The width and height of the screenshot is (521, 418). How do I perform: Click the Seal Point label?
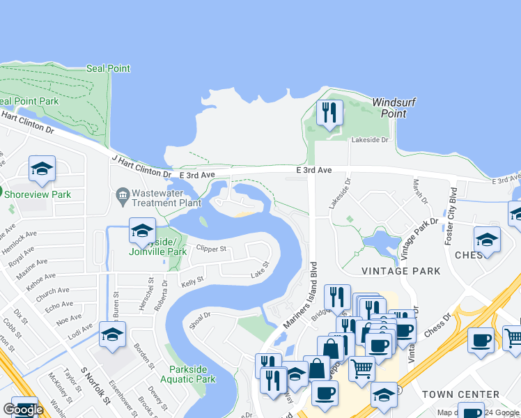108,68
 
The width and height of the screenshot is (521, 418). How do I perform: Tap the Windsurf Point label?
394,108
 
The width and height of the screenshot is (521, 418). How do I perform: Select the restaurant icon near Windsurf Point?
329,112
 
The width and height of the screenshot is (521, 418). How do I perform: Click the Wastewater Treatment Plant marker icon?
123,194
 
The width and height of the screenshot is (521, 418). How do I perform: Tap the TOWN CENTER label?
460,394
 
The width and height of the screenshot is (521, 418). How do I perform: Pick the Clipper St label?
212,248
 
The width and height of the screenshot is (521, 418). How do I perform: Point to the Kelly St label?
192,280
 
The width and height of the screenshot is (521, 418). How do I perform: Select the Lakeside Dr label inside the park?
369,140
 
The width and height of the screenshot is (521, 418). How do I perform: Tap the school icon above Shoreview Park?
42,169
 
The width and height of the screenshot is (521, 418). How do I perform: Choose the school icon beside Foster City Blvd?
486,240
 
